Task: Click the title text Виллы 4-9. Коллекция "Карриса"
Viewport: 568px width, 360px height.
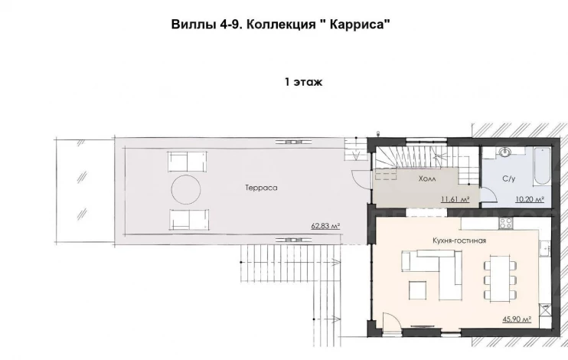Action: (281, 25)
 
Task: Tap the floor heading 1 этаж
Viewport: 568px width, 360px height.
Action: (303, 82)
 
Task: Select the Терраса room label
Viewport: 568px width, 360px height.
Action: (261, 188)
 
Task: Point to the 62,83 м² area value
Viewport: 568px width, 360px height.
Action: (325, 226)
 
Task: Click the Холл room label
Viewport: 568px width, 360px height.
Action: (427, 178)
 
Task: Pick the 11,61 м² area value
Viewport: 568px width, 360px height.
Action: (455, 199)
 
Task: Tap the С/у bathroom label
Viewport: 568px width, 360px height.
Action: (508, 178)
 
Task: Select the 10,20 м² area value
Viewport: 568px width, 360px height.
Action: (530, 199)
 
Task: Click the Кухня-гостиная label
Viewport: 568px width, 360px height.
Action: (459, 241)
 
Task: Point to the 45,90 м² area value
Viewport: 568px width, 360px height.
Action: (517, 319)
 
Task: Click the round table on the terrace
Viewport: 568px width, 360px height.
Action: (186, 190)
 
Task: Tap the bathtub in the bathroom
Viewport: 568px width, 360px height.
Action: (542, 165)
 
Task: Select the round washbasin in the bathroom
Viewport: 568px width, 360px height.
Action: (504, 152)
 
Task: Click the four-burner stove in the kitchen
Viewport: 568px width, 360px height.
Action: (506, 223)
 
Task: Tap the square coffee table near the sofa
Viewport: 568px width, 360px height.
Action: (418, 290)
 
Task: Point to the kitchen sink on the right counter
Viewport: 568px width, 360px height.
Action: (544, 250)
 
